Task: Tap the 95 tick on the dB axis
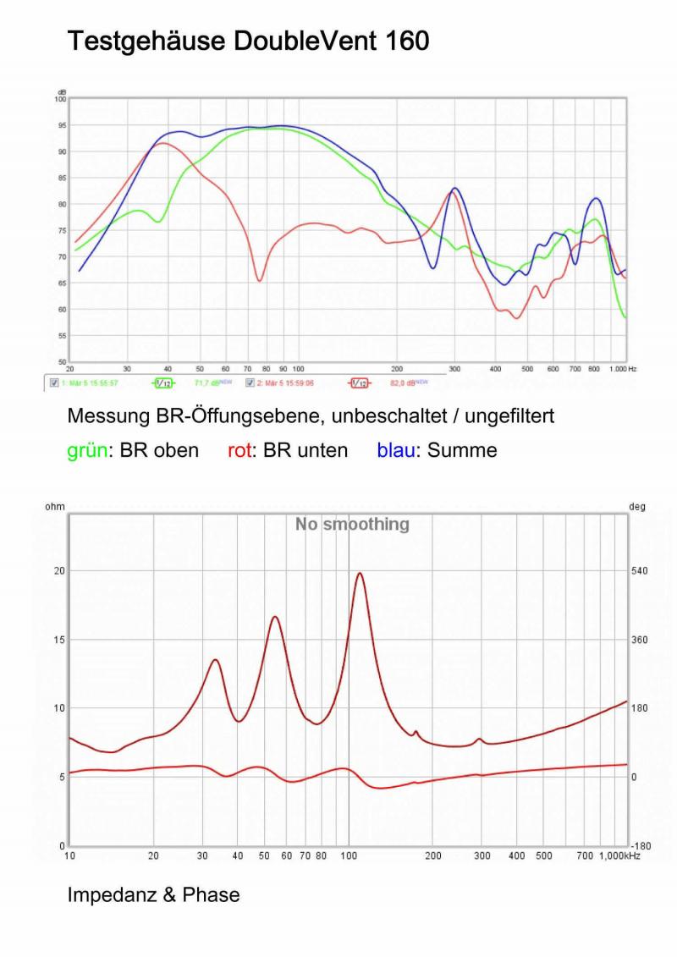[60, 125]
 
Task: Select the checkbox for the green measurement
[55, 383]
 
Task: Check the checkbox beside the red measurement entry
[250, 383]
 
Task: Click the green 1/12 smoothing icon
[163, 383]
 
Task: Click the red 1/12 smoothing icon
[359, 383]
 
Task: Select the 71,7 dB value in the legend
[206, 383]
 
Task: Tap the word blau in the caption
[395, 450]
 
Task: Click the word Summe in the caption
[462, 450]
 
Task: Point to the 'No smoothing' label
[351, 525]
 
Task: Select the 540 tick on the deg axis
[639, 571]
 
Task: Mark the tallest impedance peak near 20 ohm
[360, 574]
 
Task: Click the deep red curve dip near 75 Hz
[260, 279]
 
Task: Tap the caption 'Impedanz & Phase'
[153, 894]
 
